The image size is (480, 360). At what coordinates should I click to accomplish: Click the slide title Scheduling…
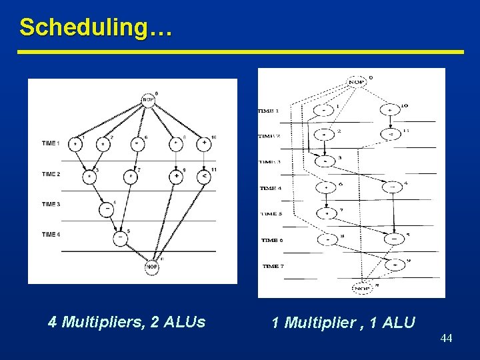(x=96, y=27)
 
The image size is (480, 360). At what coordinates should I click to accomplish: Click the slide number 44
(x=446, y=339)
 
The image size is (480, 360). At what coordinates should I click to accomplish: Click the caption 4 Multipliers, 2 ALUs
(x=127, y=323)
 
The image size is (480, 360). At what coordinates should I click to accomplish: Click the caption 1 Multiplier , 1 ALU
(x=343, y=323)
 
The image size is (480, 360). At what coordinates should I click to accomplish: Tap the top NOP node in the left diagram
(x=148, y=99)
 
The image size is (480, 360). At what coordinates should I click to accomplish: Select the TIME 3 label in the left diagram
(x=51, y=204)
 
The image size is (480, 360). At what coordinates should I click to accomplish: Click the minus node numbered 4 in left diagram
(x=107, y=209)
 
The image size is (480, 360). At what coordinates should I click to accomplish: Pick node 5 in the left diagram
(x=121, y=237)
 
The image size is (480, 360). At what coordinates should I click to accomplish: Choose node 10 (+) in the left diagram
(x=204, y=143)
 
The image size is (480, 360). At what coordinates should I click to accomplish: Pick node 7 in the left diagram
(x=131, y=177)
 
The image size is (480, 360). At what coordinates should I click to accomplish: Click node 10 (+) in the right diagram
(x=390, y=110)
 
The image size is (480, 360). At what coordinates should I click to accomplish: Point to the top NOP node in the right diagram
(x=357, y=82)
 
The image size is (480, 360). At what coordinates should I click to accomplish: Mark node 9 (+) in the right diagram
(x=395, y=264)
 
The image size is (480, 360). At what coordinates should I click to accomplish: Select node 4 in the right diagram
(x=393, y=187)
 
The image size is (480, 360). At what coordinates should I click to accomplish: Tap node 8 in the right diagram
(x=327, y=239)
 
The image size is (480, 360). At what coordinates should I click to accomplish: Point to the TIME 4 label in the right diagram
(x=271, y=188)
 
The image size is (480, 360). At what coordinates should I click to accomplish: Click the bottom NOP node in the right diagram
(x=362, y=289)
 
